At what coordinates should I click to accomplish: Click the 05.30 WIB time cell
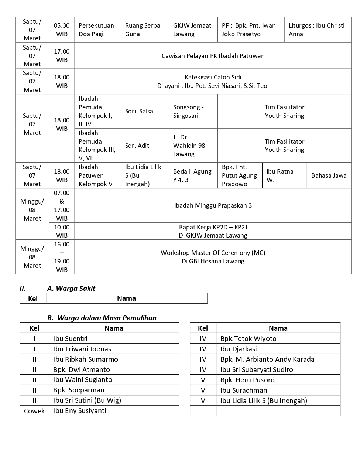click(x=62, y=30)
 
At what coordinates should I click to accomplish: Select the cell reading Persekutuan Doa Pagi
click(x=96, y=30)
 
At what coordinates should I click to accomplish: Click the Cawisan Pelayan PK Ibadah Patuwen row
click(x=213, y=56)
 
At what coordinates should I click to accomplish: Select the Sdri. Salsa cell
click(x=139, y=111)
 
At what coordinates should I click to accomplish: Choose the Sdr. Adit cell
click(x=137, y=146)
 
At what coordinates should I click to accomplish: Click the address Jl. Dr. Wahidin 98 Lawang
click(x=189, y=146)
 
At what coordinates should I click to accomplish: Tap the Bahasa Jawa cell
click(x=329, y=175)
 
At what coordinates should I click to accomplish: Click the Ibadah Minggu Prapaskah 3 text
click(x=213, y=205)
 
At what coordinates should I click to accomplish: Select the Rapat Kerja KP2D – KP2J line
click(x=213, y=227)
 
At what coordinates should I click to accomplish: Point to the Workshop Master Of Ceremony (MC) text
click(x=213, y=253)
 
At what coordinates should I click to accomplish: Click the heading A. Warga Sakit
click(x=71, y=289)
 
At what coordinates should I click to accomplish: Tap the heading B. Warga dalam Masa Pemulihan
click(x=102, y=318)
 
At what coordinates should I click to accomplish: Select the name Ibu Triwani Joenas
click(x=82, y=349)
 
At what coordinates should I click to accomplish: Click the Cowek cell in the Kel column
click(x=34, y=411)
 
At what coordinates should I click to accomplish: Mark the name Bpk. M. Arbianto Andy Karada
click(x=267, y=359)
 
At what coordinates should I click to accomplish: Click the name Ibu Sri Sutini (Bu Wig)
click(x=87, y=400)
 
